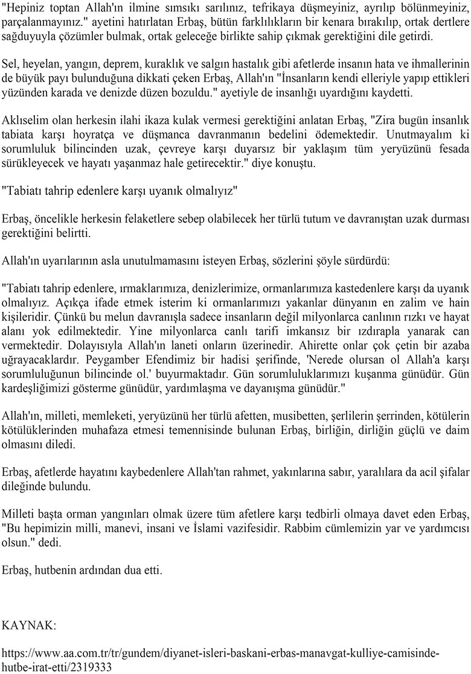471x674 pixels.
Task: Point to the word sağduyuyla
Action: click(28, 36)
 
